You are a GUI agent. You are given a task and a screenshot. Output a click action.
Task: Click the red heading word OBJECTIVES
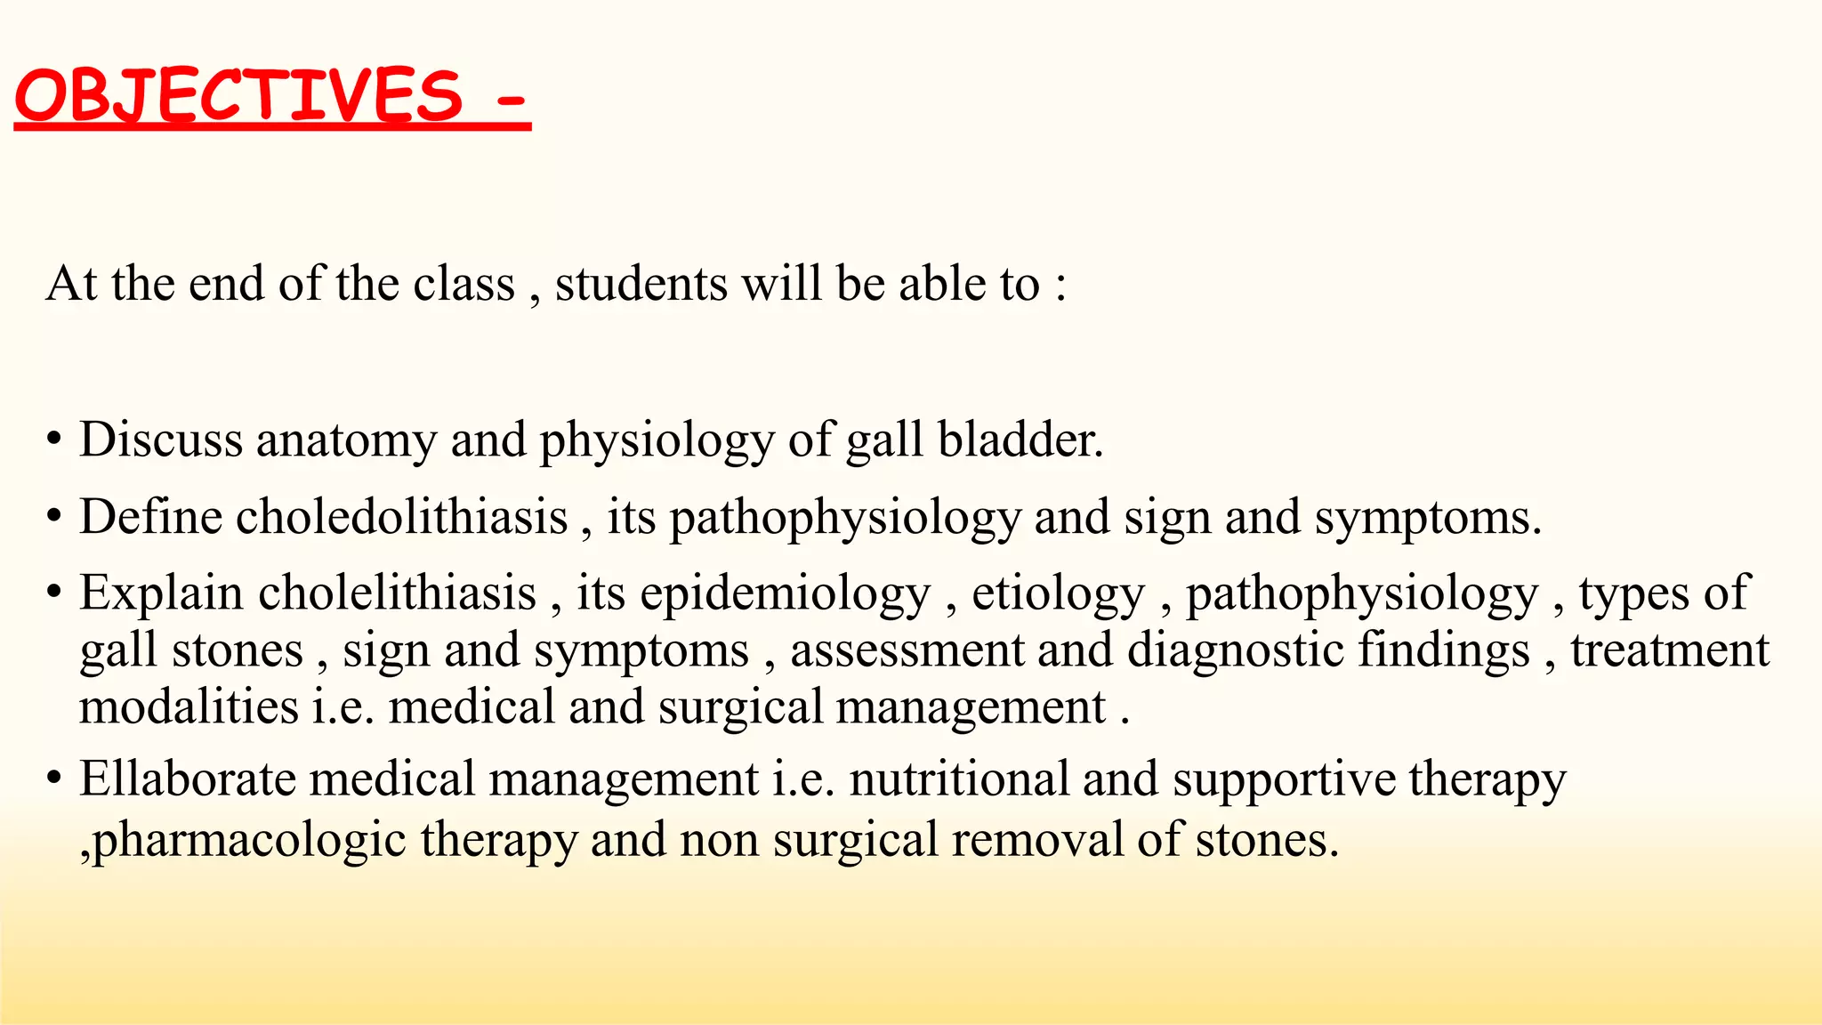click(238, 96)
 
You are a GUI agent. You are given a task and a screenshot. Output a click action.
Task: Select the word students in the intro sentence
click(641, 285)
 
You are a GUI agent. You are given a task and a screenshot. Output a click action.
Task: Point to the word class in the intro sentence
click(464, 285)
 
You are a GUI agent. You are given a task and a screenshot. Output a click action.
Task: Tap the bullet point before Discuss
click(55, 440)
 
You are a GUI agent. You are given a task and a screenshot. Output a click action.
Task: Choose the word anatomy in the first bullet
click(346, 441)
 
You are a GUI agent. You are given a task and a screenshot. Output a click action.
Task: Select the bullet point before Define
click(55, 517)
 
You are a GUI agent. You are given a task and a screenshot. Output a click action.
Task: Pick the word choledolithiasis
click(401, 517)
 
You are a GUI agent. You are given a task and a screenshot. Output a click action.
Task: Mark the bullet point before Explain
click(55, 593)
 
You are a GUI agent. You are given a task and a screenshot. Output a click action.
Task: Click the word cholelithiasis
click(397, 593)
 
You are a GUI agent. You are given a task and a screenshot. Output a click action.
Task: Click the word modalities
click(189, 707)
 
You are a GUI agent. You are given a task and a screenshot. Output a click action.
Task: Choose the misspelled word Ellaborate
click(188, 779)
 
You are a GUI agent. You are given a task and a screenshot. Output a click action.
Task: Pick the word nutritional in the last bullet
click(959, 779)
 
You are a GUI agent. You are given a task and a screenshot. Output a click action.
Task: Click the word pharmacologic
click(250, 841)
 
